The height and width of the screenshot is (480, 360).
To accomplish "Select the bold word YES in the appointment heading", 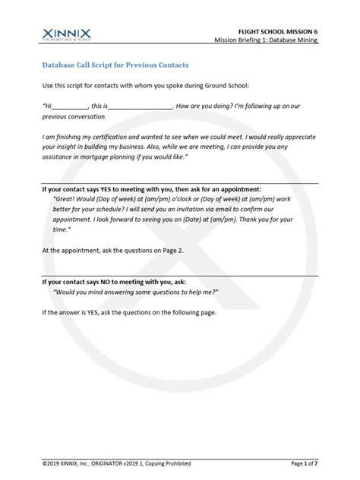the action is pos(102,188).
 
